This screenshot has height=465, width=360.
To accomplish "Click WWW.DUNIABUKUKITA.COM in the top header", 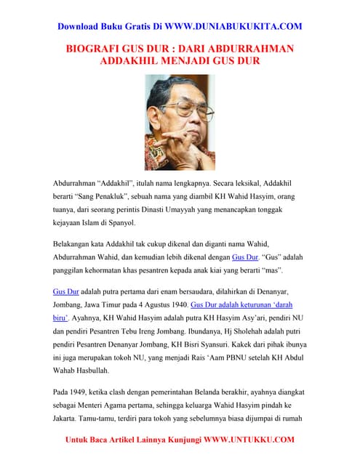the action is tap(233, 27).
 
